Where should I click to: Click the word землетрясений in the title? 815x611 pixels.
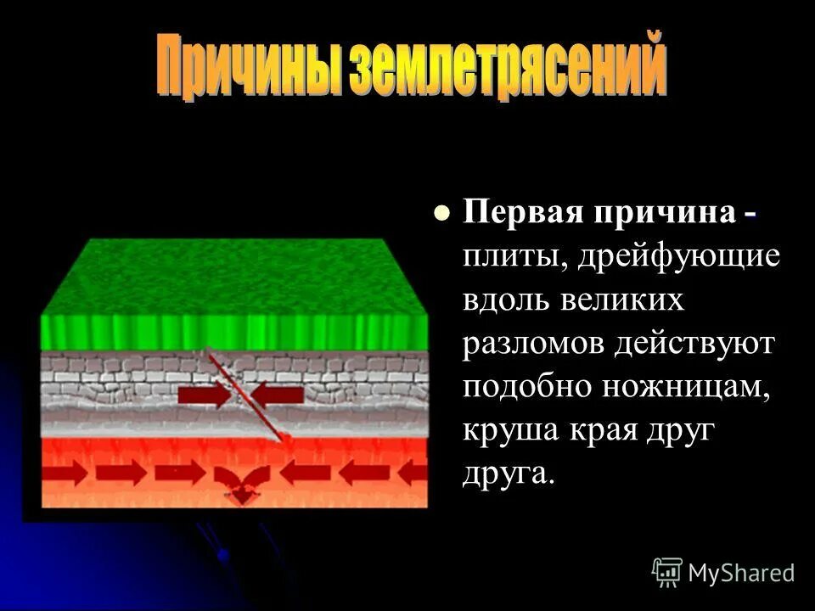500,66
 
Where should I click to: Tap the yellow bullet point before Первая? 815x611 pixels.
441,215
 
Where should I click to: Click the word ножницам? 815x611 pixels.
684,387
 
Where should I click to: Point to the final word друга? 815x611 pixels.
507,474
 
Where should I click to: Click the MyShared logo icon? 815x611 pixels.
666,571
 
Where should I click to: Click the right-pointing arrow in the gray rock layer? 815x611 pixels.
204,395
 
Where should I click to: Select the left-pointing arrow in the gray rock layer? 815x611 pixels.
278,394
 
